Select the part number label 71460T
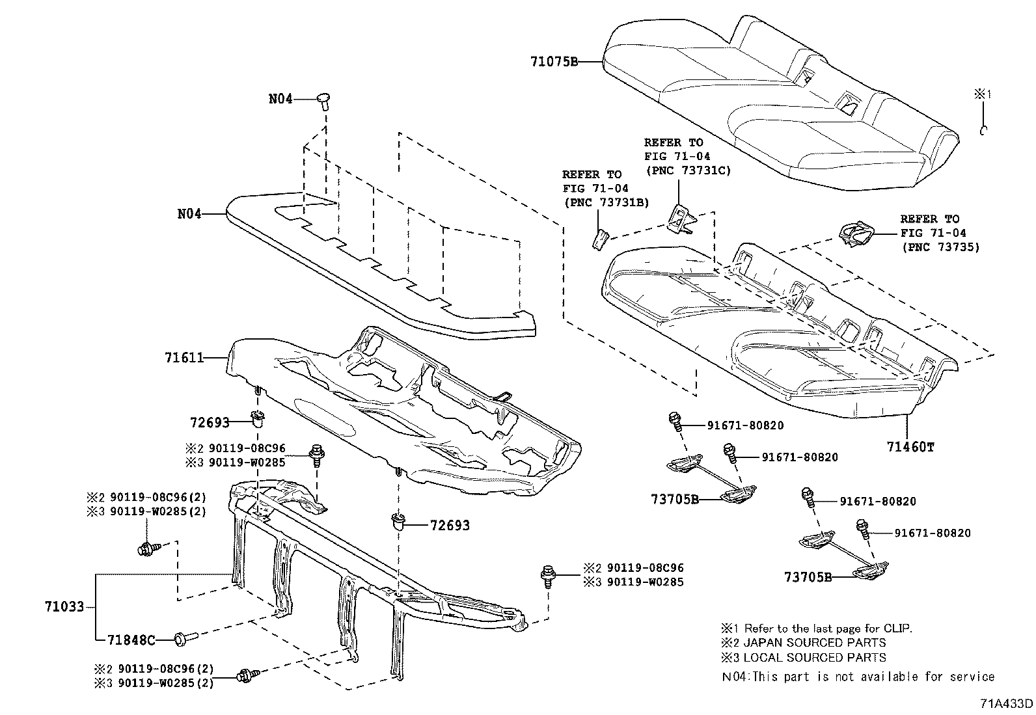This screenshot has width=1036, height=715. point(910,447)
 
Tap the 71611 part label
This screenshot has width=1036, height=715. point(184,357)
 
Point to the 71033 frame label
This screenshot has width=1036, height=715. point(64,606)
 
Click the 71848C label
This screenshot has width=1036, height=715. point(132,640)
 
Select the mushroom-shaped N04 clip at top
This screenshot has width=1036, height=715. point(323,100)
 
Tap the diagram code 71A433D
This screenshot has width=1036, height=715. point(1007,704)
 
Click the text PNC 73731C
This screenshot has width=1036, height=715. point(688,170)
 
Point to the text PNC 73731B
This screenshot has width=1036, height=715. point(606,202)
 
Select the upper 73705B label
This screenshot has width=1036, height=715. point(675,500)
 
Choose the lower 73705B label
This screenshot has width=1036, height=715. point(808,576)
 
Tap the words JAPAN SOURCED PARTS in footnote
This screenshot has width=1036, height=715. point(814,643)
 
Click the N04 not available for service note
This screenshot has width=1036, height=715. point(858,677)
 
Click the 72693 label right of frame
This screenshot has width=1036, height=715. point(449,525)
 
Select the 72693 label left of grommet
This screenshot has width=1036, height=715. point(210,422)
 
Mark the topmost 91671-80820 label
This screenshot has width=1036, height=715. point(745,425)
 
